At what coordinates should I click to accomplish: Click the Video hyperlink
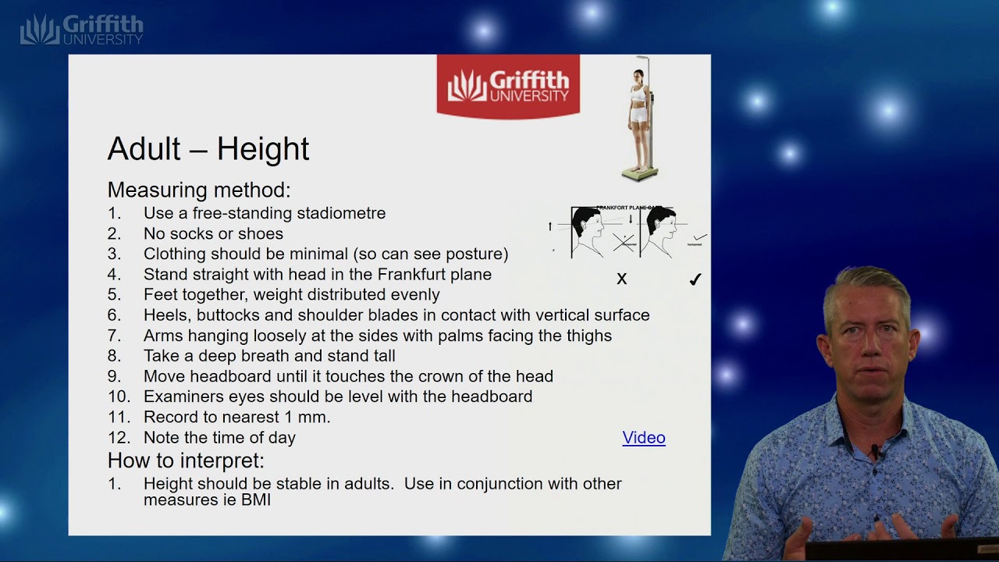pos(644,438)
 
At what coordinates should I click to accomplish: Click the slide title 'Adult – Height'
pos(208,148)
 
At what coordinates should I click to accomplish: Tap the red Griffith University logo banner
pos(508,85)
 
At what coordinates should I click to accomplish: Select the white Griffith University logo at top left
pos(82,30)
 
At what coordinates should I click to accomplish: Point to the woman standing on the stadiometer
pos(639,113)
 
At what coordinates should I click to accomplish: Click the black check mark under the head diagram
pos(695,279)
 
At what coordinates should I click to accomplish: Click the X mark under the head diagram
pos(622,279)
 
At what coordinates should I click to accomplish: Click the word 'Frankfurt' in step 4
pos(414,274)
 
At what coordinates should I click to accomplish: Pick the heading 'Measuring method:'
pos(199,190)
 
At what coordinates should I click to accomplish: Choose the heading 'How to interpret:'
pos(186,460)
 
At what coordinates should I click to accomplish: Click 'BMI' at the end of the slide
pos(255,500)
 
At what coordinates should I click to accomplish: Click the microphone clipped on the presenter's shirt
pos(875,451)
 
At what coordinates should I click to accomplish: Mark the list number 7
pos(115,336)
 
